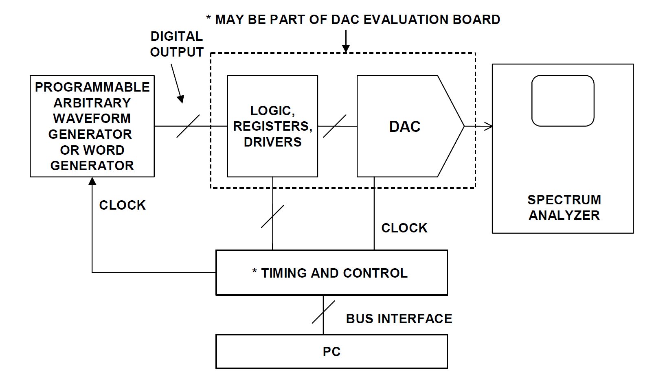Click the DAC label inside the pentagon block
404,127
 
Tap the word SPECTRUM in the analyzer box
564,200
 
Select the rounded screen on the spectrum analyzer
563,101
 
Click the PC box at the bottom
331,351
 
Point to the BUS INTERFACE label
399,319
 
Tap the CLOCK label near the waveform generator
122,205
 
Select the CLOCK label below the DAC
404,228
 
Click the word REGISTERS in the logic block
272,126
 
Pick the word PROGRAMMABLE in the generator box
92,87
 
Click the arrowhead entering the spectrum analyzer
488,127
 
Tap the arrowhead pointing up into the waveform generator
92,181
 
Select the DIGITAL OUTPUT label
176,44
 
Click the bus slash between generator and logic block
188,126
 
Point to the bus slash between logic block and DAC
334,126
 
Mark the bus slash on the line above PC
323,312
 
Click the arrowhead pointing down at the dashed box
346,49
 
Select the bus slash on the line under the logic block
272,216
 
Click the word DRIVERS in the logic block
272,142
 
